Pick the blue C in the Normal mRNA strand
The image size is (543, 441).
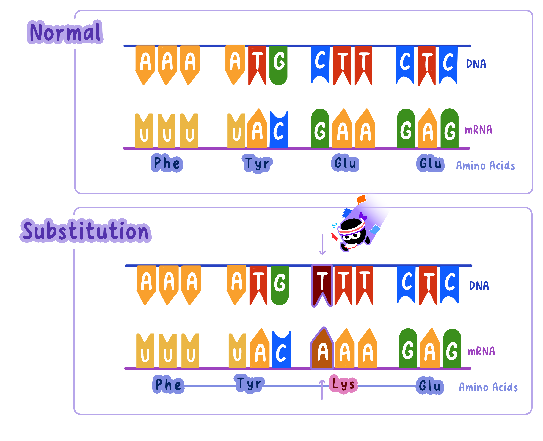click(279, 130)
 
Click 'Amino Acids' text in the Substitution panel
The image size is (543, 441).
click(488, 387)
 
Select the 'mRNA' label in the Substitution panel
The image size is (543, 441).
click(481, 351)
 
